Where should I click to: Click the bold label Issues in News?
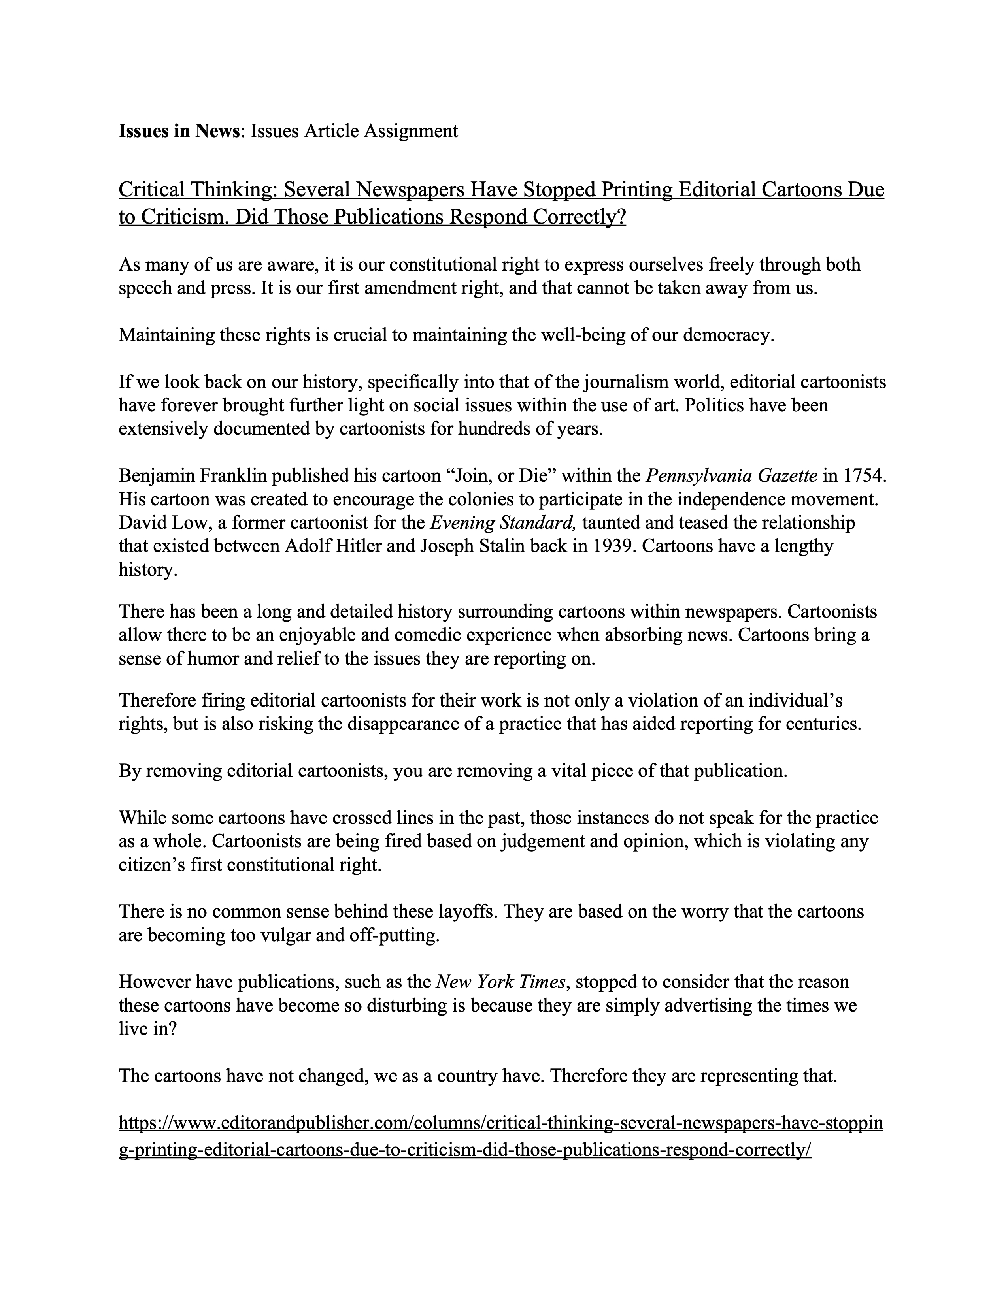click(x=179, y=131)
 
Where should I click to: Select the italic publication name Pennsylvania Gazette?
click(x=732, y=476)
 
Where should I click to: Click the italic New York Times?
click(x=500, y=982)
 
